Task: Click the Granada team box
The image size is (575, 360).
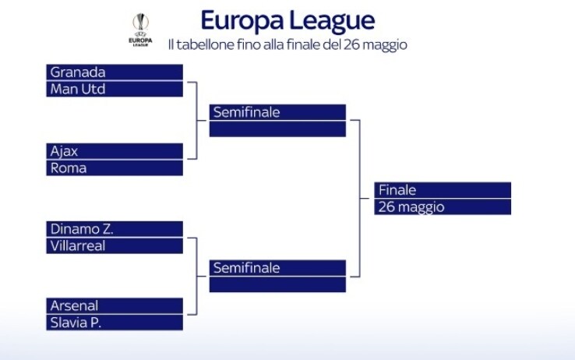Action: coord(115,72)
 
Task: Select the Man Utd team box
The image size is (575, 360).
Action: coord(115,89)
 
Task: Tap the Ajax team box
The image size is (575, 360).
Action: coord(115,151)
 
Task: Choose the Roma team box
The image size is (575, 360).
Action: coord(115,168)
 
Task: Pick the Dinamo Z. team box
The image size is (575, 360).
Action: coord(115,229)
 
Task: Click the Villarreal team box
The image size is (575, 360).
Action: coord(115,245)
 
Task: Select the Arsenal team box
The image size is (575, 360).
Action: coord(115,305)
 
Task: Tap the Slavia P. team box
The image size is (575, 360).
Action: coord(115,322)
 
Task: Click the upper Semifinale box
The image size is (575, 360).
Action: coord(277,112)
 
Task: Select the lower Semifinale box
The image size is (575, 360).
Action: coord(277,268)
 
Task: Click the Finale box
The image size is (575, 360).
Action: coord(443,190)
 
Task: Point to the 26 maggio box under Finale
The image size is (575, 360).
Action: coord(443,206)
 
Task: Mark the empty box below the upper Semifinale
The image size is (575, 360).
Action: coord(277,129)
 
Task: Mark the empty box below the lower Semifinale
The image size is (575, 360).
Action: coord(277,284)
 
